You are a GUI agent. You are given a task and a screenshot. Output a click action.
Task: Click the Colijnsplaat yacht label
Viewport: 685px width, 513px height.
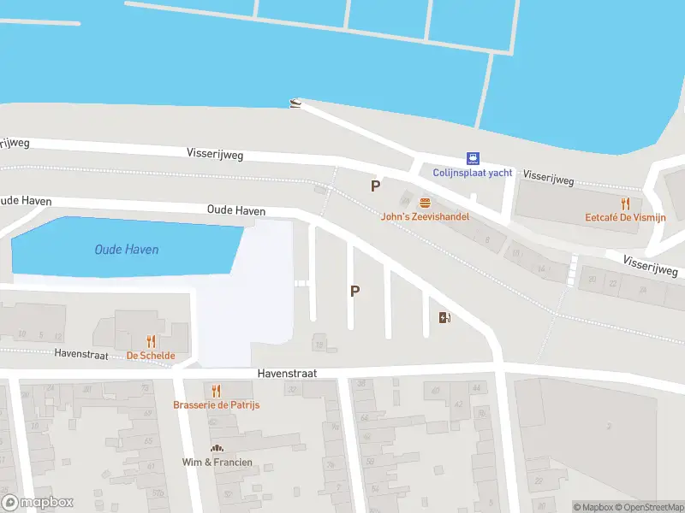pyautogui.click(x=473, y=173)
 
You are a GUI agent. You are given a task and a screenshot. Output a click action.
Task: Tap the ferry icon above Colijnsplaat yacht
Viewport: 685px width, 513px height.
pyautogui.click(x=472, y=158)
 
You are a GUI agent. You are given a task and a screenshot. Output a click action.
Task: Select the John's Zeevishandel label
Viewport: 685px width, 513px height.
pyautogui.click(x=425, y=217)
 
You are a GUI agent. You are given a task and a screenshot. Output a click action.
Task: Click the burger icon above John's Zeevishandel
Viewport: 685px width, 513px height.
pyautogui.click(x=425, y=203)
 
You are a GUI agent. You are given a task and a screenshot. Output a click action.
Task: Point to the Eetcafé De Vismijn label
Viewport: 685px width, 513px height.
pyautogui.click(x=625, y=218)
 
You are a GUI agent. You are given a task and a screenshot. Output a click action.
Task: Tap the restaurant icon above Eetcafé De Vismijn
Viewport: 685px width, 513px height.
pyautogui.click(x=625, y=203)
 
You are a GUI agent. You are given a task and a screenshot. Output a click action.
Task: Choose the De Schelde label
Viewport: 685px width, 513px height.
pyautogui.click(x=151, y=356)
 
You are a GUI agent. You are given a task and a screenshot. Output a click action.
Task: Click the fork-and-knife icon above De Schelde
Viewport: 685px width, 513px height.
pyautogui.click(x=152, y=341)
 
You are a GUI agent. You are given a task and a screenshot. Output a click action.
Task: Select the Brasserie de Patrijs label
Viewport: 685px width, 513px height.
pyautogui.click(x=216, y=404)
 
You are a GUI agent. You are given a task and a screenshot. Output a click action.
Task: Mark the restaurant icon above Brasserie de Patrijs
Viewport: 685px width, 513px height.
pyautogui.click(x=216, y=390)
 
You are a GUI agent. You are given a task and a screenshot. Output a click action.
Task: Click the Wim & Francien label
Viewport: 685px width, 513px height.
pyautogui.click(x=217, y=463)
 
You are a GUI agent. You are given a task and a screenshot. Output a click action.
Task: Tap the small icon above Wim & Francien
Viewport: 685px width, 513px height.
pyautogui.click(x=217, y=448)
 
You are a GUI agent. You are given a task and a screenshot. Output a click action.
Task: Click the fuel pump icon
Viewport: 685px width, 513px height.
pyautogui.click(x=444, y=318)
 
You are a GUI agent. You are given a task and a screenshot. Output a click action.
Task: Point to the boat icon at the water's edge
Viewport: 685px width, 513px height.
pyautogui.click(x=295, y=103)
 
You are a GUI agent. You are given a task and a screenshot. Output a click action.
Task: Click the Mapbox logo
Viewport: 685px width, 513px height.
pyautogui.click(x=38, y=503)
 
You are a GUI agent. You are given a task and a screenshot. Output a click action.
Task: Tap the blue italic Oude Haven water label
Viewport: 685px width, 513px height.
pyautogui.click(x=126, y=250)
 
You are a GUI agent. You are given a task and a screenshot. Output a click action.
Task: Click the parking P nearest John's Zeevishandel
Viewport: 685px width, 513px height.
pyautogui.click(x=374, y=186)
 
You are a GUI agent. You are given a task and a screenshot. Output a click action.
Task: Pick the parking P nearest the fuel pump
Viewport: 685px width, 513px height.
pyautogui.click(x=354, y=291)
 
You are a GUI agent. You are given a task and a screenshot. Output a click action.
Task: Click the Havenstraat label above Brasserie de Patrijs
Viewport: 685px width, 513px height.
pyautogui.click(x=288, y=374)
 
